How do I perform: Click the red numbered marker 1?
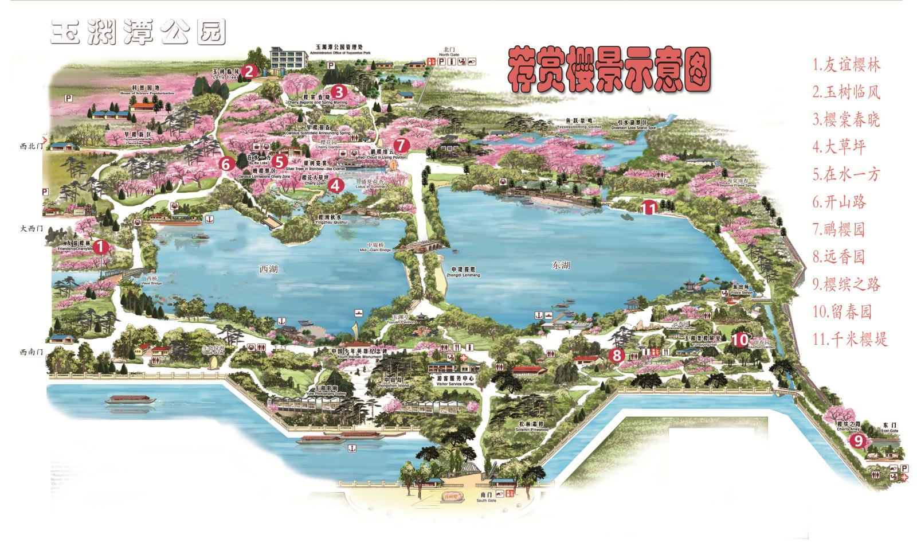pos(100,247)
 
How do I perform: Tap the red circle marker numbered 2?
pos(249,72)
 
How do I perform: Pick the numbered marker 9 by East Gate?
pos(857,440)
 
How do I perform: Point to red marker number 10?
pos(740,340)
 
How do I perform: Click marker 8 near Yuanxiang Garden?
pos(617,356)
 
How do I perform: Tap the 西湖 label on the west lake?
pos(268,268)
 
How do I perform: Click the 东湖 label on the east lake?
pos(561,265)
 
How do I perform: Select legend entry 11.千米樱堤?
pos(850,339)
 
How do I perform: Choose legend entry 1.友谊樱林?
pos(846,64)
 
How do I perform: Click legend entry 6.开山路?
pos(839,201)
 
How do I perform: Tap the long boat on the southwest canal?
pos(128,400)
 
